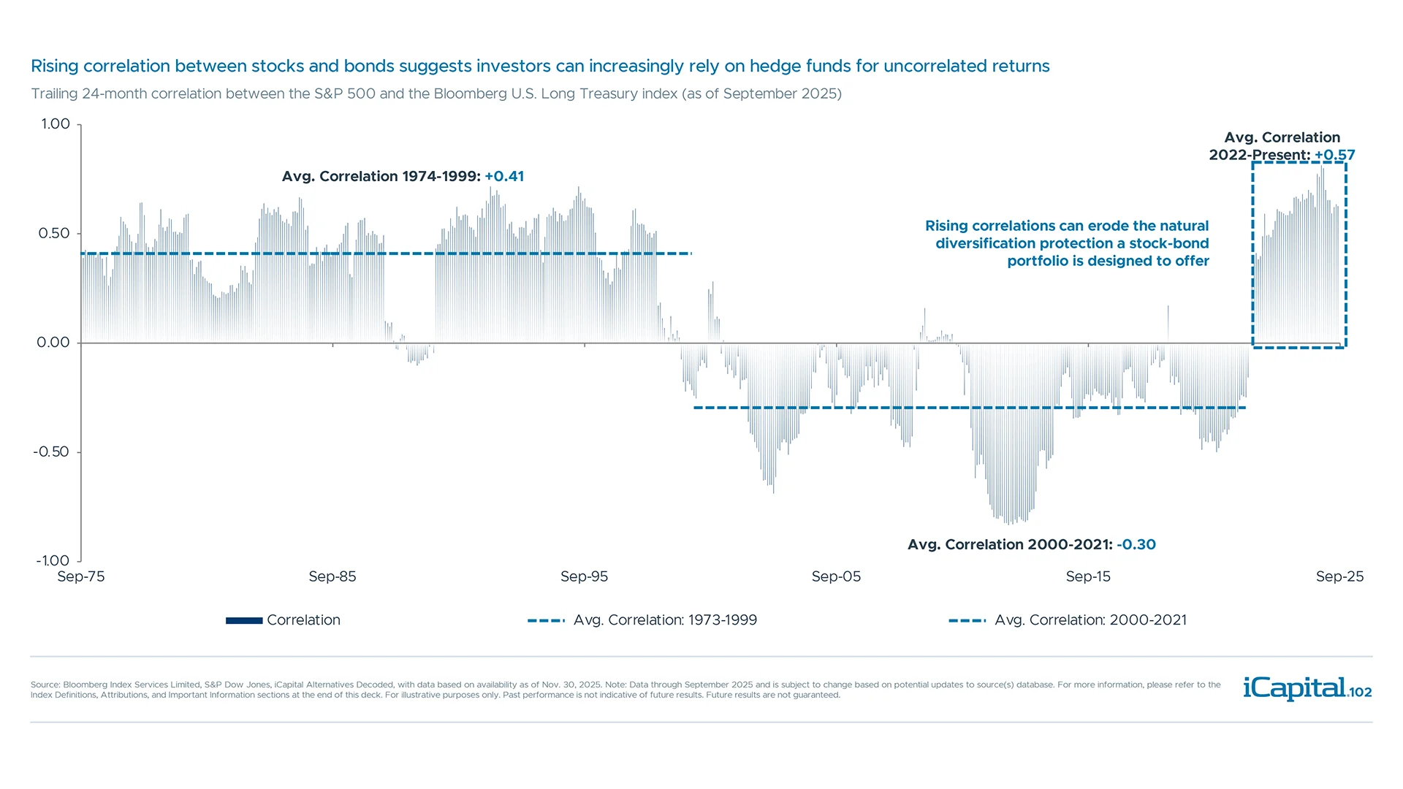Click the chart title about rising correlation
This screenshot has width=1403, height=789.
pyautogui.click(x=539, y=66)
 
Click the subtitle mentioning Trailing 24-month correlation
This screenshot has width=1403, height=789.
pyautogui.click(x=436, y=94)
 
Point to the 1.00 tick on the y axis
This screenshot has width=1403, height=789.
pyautogui.click(x=56, y=124)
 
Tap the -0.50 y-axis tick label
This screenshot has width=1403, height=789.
pyautogui.click(x=51, y=452)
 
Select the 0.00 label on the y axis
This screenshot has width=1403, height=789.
pyautogui.click(x=53, y=343)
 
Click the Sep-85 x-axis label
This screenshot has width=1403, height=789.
pyautogui.click(x=332, y=576)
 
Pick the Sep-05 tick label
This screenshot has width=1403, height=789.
pyautogui.click(x=836, y=576)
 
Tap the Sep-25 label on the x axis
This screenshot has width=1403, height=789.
pyautogui.click(x=1339, y=576)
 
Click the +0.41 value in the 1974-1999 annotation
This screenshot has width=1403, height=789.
pyautogui.click(x=504, y=177)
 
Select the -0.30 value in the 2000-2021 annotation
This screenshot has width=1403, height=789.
pyautogui.click(x=1136, y=545)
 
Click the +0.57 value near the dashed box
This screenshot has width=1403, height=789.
pyautogui.click(x=1335, y=156)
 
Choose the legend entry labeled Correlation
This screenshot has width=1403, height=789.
pyautogui.click(x=284, y=620)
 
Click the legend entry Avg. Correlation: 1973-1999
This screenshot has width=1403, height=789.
pyautogui.click(x=642, y=620)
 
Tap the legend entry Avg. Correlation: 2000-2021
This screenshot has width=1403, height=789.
pyautogui.click(x=1068, y=620)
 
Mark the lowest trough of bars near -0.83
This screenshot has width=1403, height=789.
pyautogui.click(x=1009, y=522)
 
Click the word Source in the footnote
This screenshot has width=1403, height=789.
pyautogui.click(x=45, y=685)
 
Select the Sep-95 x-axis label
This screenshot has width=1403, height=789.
pyautogui.click(x=584, y=576)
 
